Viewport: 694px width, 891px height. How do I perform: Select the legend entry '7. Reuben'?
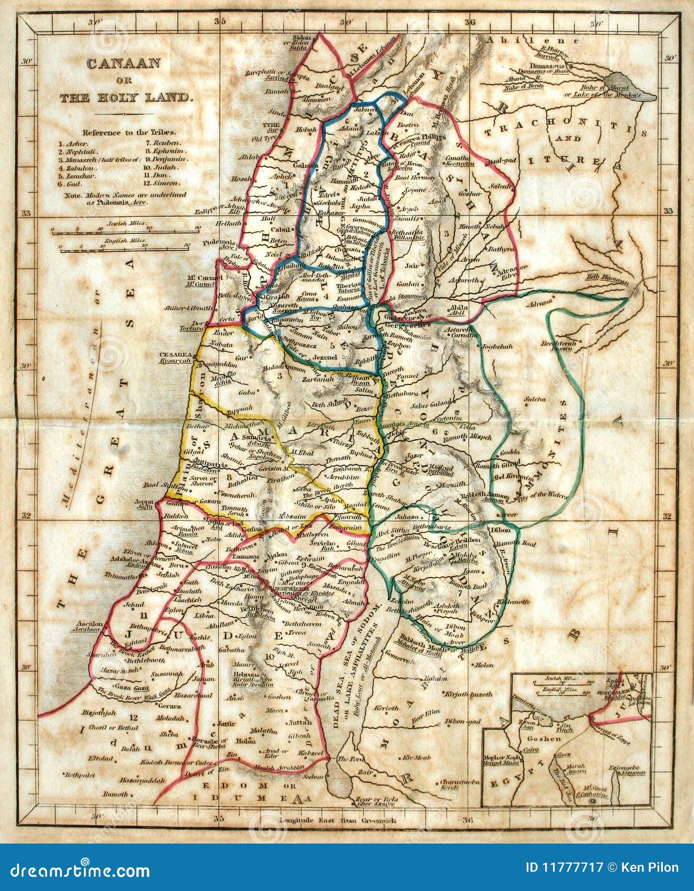click(164, 143)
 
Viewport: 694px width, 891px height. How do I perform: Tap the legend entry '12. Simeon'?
click(164, 183)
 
